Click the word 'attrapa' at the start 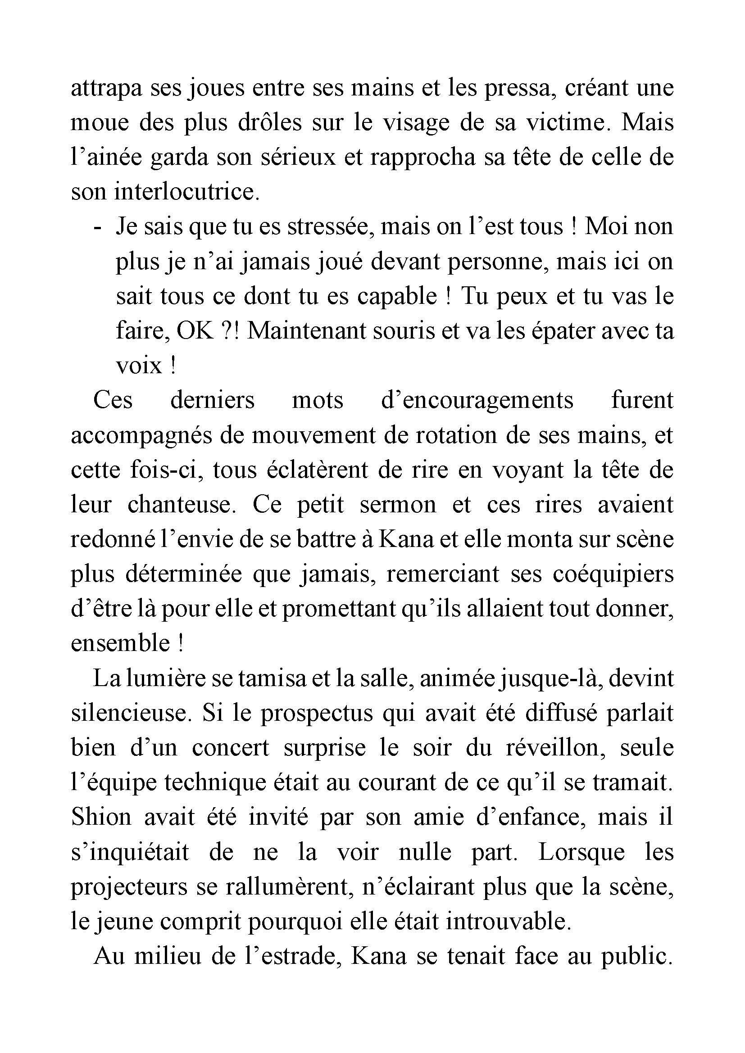tap(106, 88)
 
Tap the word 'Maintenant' tap(301, 331)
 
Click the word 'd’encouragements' tap(477, 400)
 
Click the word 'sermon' tap(398, 505)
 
